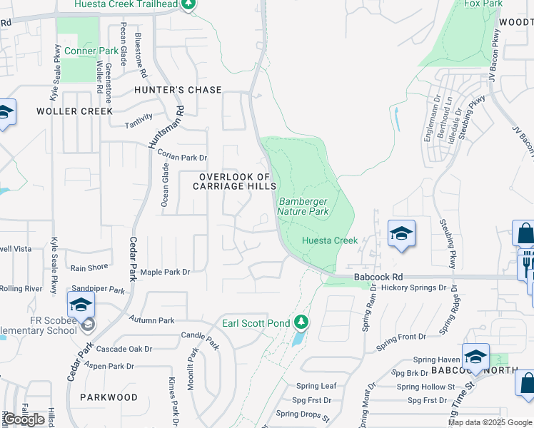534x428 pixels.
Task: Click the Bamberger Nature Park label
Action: pyautogui.click(x=303, y=207)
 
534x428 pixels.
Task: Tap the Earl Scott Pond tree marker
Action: pyautogui.click(x=302, y=322)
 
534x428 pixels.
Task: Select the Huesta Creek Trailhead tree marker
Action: pyautogui.click(x=188, y=4)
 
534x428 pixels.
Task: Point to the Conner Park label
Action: pyautogui.click(x=91, y=51)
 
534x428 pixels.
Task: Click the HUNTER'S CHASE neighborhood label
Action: pyautogui.click(x=178, y=91)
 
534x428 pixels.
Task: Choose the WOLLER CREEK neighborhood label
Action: pyautogui.click(x=75, y=111)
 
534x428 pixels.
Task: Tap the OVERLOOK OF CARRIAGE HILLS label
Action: pyautogui.click(x=235, y=181)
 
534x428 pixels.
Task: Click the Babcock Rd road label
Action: pyautogui.click(x=378, y=277)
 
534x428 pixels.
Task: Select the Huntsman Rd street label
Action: pyautogui.click(x=166, y=127)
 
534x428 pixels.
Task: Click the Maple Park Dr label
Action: pyautogui.click(x=166, y=272)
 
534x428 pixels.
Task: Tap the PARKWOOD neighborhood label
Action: pyautogui.click(x=109, y=397)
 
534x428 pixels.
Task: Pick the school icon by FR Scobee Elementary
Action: pyautogui.click(x=81, y=305)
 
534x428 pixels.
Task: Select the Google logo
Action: pyautogui.click(x=24, y=419)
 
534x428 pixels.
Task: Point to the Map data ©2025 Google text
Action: pyautogui.click(x=490, y=422)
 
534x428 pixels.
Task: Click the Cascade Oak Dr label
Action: pyautogui.click(x=124, y=349)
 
